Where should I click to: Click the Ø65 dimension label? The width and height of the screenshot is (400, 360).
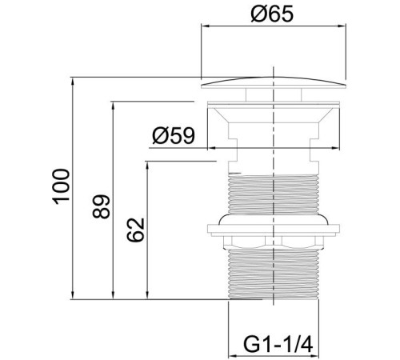click(272, 14)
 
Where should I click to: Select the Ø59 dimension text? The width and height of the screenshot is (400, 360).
click(174, 135)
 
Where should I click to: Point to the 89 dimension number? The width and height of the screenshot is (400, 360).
click(101, 206)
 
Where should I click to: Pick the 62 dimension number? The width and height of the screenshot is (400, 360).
click(135, 230)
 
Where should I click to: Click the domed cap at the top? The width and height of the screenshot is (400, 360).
click(274, 82)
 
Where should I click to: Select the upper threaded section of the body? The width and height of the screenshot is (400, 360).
click(274, 194)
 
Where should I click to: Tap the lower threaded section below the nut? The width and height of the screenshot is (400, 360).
click(274, 274)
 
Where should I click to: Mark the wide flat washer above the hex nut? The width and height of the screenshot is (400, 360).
click(274, 230)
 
